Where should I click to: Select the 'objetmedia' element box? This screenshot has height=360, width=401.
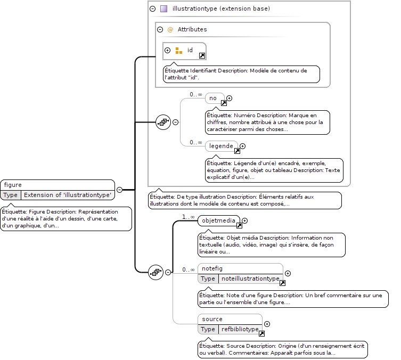pyautogui.click(x=219, y=220)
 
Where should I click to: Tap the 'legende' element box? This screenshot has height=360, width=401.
pyautogui.click(x=221, y=146)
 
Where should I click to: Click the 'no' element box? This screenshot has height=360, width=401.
pyautogui.click(x=215, y=98)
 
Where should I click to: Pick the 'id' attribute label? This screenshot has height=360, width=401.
pyautogui.click(x=190, y=50)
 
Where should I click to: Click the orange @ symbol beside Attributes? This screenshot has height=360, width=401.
pyautogui.click(x=170, y=30)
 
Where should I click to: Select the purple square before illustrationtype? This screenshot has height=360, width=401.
pyautogui.click(x=163, y=9)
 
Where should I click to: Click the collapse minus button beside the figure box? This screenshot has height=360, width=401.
pyautogui.click(x=119, y=190)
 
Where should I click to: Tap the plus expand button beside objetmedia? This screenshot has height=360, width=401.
pyautogui.click(x=245, y=220)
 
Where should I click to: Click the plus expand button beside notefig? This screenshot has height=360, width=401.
pyautogui.click(x=288, y=274)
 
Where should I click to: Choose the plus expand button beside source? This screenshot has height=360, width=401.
pyautogui.click(x=267, y=324)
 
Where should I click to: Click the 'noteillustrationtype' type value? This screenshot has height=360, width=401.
pyautogui.click(x=250, y=279)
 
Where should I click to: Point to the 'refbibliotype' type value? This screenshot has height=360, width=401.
pyautogui.click(x=240, y=329)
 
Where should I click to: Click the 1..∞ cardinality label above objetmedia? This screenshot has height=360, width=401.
pyautogui.click(x=188, y=217)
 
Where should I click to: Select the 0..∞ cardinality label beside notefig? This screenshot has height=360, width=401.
pyautogui.click(x=189, y=270)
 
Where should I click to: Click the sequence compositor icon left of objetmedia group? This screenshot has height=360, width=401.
pyautogui.click(x=156, y=272)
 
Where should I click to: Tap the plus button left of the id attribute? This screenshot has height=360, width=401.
pyautogui.click(x=168, y=51)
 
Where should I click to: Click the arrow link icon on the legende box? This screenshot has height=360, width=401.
pyautogui.click(x=238, y=151)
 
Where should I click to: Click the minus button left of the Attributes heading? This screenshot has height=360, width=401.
pyautogui.click(x=160, y=30)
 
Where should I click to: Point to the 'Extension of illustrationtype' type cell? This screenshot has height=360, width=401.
pyautogui.click(x=68, y=195)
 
